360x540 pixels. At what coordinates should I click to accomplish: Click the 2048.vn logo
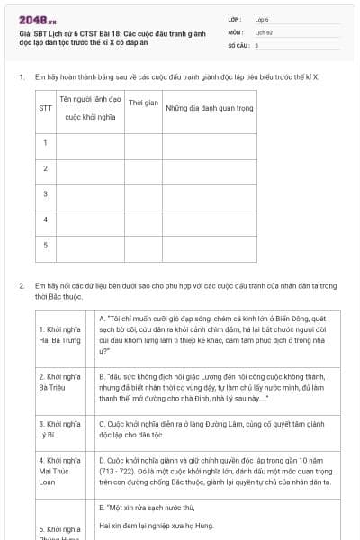click(x=38, y=19)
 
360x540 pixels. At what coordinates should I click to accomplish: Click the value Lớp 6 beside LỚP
click(x=262, y=18)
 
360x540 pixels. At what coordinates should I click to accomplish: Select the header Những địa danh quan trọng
click(x=206, y=108)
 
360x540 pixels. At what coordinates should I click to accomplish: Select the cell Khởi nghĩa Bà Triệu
click(x=60, y=381)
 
